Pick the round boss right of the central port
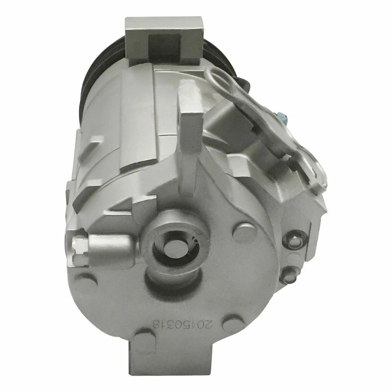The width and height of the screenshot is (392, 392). click(x=244, y=232)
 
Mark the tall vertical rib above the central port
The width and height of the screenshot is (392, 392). click(x=189, y=135)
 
